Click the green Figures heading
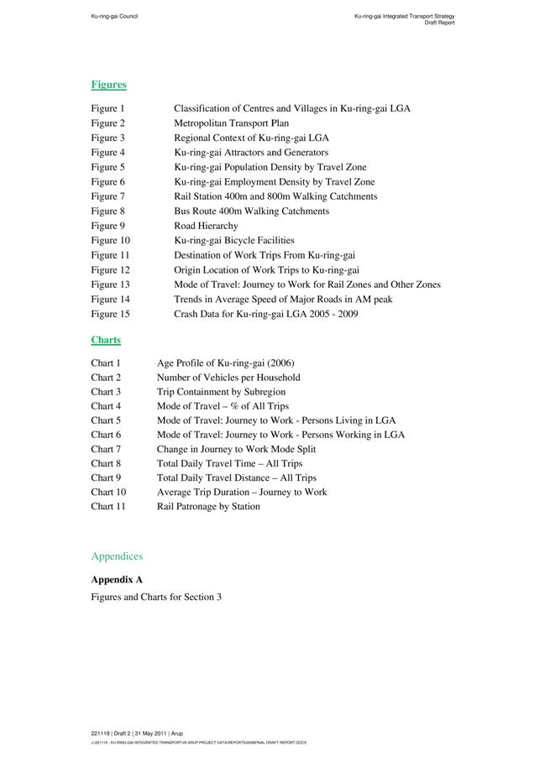108,85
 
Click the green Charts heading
106,340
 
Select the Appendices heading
117,556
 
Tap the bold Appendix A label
117,580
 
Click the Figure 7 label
108,196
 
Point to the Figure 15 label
111,314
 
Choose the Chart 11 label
108,507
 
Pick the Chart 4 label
106,406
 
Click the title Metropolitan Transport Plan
231,123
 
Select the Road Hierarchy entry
206,226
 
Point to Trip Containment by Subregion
221,392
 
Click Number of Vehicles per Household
228,378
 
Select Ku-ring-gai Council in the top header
115,16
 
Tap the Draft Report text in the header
439,23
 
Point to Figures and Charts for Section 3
156,597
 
